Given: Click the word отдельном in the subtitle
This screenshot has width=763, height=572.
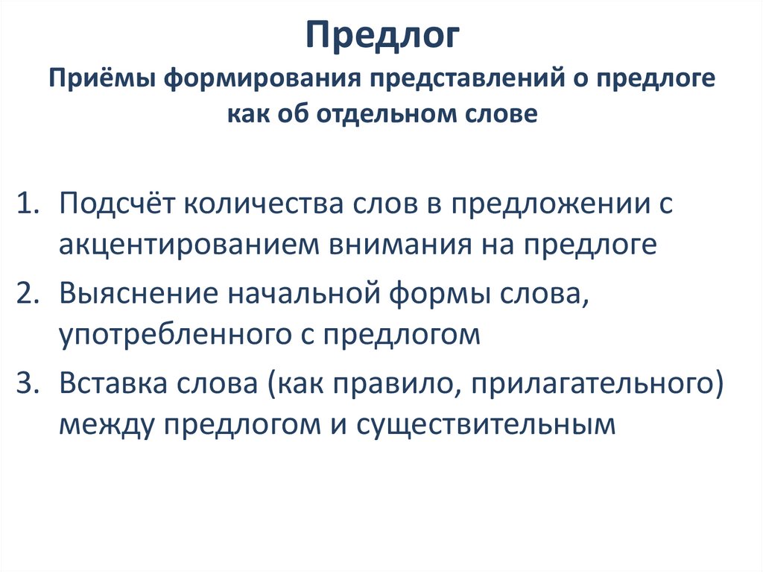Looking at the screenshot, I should pos(381,114).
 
